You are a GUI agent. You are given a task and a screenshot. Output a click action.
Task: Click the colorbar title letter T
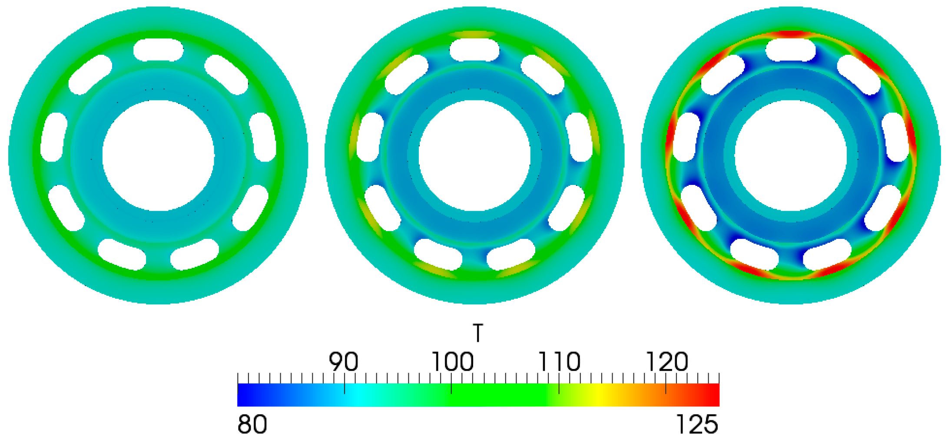(x=478, y=333)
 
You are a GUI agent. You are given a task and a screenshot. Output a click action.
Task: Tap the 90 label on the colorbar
(x=343, y=361)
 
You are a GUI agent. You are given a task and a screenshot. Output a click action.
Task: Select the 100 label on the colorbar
(x=452, y=361)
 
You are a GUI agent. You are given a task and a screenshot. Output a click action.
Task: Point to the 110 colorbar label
(x=559, y=361)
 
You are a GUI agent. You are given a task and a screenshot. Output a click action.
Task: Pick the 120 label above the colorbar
(x=667, y=361)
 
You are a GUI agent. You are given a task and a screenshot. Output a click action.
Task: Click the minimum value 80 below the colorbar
(x=252, y=424)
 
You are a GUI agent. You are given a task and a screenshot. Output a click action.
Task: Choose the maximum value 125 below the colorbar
(x=697, y=424)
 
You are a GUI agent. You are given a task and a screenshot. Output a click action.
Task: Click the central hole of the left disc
(x=159, y=155)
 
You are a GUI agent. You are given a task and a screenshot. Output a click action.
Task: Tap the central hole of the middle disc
(x=474, y=155)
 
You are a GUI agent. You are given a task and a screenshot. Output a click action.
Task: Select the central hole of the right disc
(x=791, y=155)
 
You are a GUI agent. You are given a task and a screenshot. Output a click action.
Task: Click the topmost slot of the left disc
(x=159, y=49)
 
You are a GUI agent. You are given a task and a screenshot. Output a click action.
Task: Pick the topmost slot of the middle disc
(x=474, y=49)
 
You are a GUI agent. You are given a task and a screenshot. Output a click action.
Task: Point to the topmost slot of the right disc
(x=791, y=49)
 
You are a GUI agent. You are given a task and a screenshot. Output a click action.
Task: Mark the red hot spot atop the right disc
(x=791, y=34)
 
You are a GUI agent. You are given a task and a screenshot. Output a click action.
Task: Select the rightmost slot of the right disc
(x=895, y=137)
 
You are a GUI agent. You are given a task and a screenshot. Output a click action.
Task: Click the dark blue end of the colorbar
(x=243, y=395)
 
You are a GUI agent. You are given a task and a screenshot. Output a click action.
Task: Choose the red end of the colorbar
(x=713, y=395)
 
